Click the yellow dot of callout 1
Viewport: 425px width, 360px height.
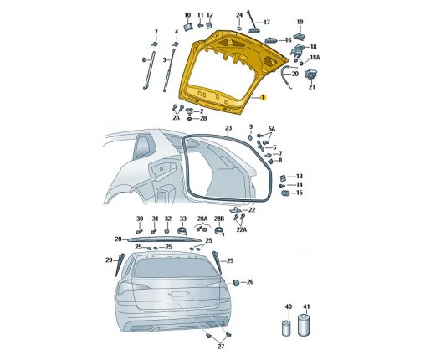[x=262, y=97]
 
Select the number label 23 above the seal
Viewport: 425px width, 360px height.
[x=228, y=128]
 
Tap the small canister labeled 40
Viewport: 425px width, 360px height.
[x=287, y=328]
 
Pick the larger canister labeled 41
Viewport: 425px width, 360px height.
[x=305, y=325]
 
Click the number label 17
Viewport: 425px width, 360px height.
[x=267, y=22]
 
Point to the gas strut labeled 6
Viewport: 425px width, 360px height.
[x=149, y=70]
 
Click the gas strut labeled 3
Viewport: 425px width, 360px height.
[x=170, y=70]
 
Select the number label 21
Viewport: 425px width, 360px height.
[x=312, y=87]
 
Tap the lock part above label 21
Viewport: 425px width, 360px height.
[x=310, y=75]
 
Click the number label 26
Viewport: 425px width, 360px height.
[x=250, y=282]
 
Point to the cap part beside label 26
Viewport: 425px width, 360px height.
[x=236, y=282]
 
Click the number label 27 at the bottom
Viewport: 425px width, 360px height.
[x=221, y=347]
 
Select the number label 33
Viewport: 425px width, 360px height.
[x=182, y=219]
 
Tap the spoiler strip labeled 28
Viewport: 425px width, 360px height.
[x=164, y=239]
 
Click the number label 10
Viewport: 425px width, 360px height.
[x=187, y=15]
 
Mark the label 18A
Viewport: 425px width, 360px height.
[x=315, y=58]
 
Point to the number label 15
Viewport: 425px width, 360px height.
[x=299, y=193]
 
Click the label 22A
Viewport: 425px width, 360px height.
[x=242, y=229]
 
